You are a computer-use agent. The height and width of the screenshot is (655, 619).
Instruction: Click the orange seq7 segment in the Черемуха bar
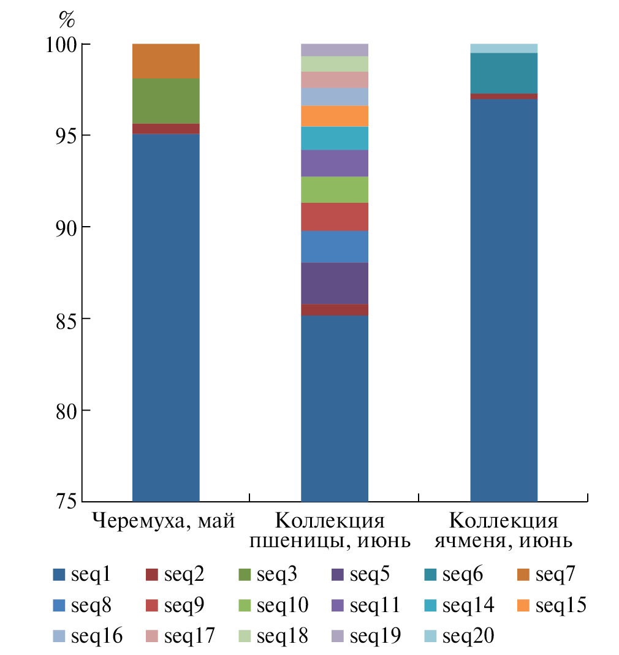point(165,61)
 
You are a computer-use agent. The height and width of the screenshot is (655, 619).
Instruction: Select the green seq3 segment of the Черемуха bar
point(165,100)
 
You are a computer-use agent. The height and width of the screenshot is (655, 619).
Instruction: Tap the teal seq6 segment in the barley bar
point(503,73)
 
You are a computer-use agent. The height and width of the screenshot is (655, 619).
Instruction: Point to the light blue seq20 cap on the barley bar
point(503,48)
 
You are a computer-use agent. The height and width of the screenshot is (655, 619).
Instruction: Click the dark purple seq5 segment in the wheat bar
point(335,282)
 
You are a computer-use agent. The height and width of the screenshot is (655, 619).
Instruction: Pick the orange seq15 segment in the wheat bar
point(335,116)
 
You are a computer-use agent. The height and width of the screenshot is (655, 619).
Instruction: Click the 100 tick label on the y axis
point(58,45)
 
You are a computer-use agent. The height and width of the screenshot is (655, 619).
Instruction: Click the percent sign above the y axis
point(66,20)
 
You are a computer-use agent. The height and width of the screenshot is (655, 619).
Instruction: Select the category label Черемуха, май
point(164,522)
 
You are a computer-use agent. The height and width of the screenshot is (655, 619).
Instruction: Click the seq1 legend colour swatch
point(59,575)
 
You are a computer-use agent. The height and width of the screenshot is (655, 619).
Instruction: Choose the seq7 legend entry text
point(555,575)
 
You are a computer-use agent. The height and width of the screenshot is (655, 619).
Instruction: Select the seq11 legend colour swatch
point(338,606)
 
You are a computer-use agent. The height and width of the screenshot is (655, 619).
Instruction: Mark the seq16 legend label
point(97,637)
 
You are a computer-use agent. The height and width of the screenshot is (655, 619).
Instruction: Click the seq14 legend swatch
point(431,606)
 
